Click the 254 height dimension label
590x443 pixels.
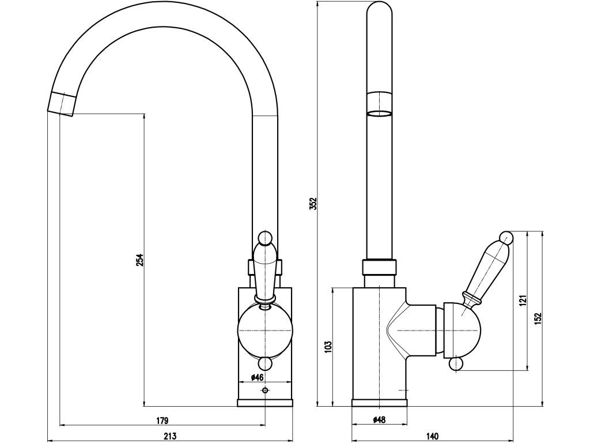139,260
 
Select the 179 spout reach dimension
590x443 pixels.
162,420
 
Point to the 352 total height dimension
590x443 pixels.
315,203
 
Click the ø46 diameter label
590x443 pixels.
257,377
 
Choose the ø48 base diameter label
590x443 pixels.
379,420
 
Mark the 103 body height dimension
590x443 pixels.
328,347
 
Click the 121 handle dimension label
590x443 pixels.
523,300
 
